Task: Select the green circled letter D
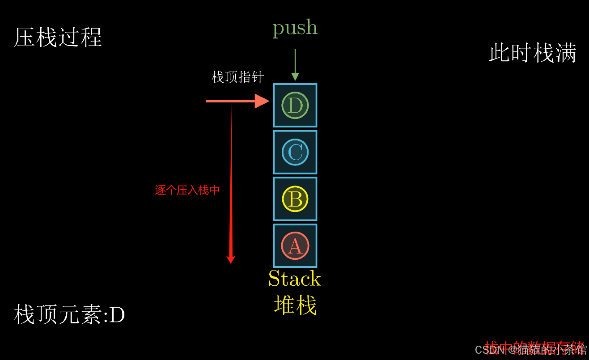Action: click(295, 106)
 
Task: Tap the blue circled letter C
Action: click(295, 152)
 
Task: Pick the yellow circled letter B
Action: click(295, 199)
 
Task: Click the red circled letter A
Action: click(295, 246)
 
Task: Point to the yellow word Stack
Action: click(295, 279)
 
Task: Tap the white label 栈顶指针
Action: click(237, 77)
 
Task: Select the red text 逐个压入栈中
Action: click(187, 190)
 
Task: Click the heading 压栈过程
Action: click(58, 38)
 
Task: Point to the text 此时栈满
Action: click(532, 53)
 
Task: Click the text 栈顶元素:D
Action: click(69, 315)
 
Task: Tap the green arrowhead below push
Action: click(295, 76)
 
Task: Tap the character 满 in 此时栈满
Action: click(566, 53)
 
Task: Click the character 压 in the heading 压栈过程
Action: click(24, 38)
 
